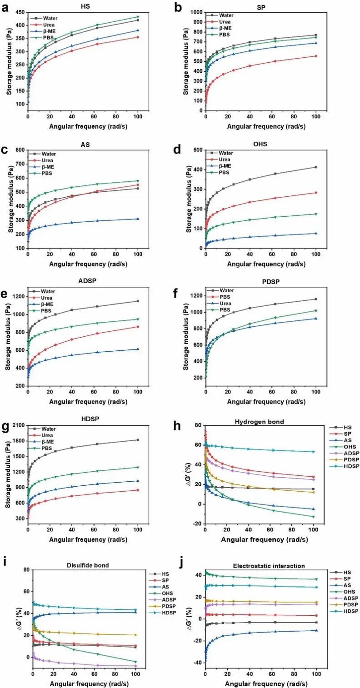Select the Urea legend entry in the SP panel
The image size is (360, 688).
tap(225, 21)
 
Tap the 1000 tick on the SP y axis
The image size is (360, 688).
tap(197, 12)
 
